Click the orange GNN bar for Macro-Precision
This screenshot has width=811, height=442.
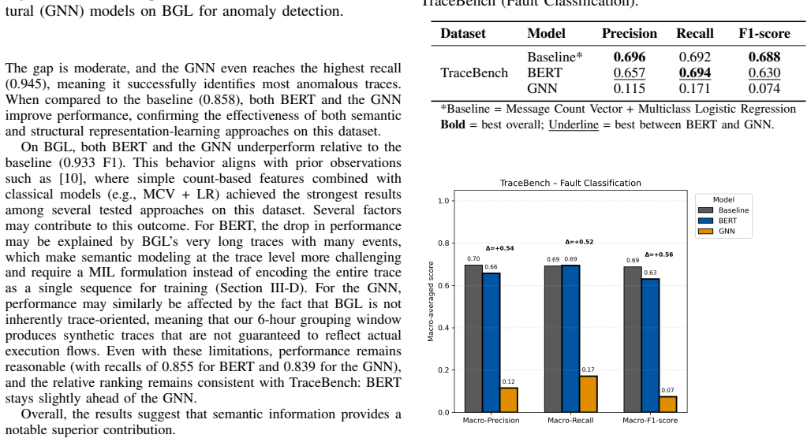pyautogui.click(x=509, y=399)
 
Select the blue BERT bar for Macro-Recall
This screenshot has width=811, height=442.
pyautogui.click(x=570, y=339)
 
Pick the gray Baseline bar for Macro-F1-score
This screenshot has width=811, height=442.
pyautogui.click(x=633, y=340)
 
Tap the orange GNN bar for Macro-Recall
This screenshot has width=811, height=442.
pyautogui.click(x=588, y=394)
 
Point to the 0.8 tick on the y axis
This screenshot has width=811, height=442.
pyautogui.click(x=444, y=243)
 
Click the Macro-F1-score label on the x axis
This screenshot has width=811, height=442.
pyautogui.click(x=650, y=420)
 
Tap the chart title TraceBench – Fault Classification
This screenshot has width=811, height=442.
pyautogui.click(x=570, y=183)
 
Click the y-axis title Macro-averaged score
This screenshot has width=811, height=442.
pyautogui.click(x=430, y=302)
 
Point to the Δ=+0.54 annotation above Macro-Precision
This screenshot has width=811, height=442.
pyautogui.click(x=499, y=248)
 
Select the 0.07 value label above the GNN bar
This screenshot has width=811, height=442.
pyautogui.click(x=667, y=390)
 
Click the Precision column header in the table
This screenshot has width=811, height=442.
pyautogui.click(x=630, y=34)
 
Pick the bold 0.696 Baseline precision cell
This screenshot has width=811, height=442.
pyautogui.click(x=630, y=57)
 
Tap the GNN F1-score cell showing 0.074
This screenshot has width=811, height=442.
pyautogui.click(x=764, y=88)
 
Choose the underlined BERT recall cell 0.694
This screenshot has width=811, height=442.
pyautogui.click(x=694, y=72)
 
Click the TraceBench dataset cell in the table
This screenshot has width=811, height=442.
pyautogui.click(x=474, y=72)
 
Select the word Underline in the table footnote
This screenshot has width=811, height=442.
pyautogui.click(x=574, y=124)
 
